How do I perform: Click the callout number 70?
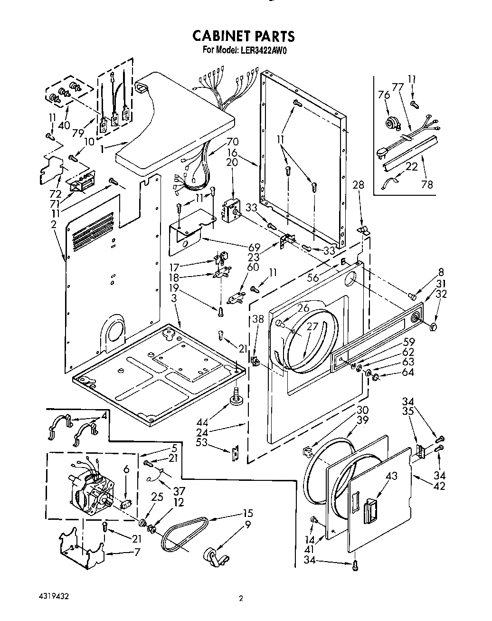pyautogui.click(x=233, y=141)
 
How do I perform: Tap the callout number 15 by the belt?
pyautogui.click(x=247, y=513)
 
